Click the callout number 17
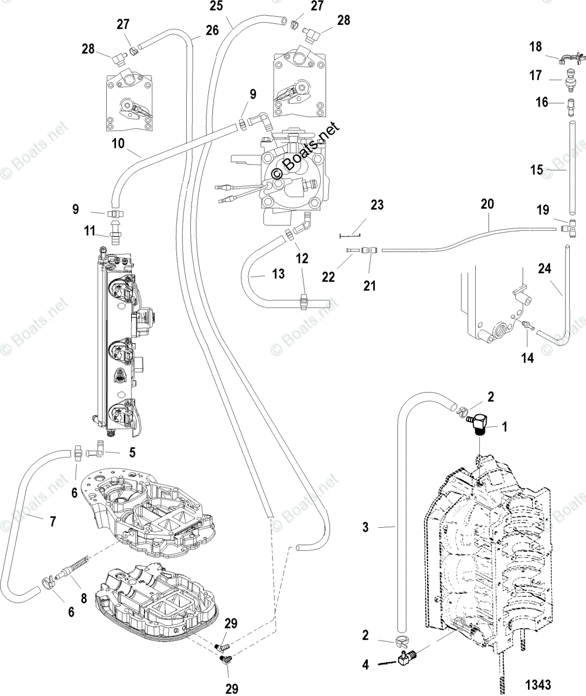tap(536, 75)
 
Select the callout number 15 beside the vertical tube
tap(537, 170)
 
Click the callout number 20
tap(487, 204)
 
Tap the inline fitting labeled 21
tap(368, 251)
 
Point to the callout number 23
tap(377, 205)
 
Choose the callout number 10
tap(118, 143)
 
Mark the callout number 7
tap(53, 521)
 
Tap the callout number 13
tap(278, 273)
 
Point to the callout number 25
tap(216, 6)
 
